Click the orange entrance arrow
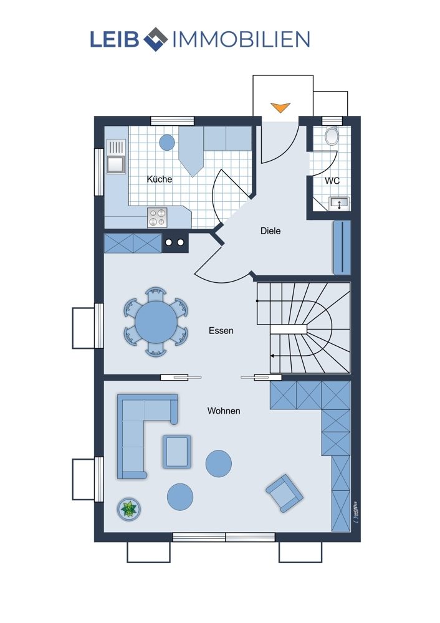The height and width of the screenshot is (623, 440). coord(280,107)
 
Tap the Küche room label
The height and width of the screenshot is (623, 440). coord(160,179)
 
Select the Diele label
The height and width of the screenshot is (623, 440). coord(270,231)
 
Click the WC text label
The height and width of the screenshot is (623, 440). coord(332,181)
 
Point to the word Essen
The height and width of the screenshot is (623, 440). coord(221,331)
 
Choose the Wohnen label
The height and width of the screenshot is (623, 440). coord(224,411)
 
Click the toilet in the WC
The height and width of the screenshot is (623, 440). coord(332,136)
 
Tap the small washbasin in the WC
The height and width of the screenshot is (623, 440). coord(339,203)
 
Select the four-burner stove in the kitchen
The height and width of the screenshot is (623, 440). coord(156,217)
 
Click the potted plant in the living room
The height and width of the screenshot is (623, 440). coord(129,509)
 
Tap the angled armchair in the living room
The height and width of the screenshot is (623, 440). coord(285,493)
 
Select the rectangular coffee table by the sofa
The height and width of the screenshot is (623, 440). coord(177,452)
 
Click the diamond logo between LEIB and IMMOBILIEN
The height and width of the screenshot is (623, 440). coord(155,39)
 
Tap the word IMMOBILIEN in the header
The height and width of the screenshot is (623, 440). coord(241,39)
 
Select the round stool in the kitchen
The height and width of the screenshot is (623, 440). coord(167,142)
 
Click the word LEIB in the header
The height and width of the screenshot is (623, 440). coord(115,39)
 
